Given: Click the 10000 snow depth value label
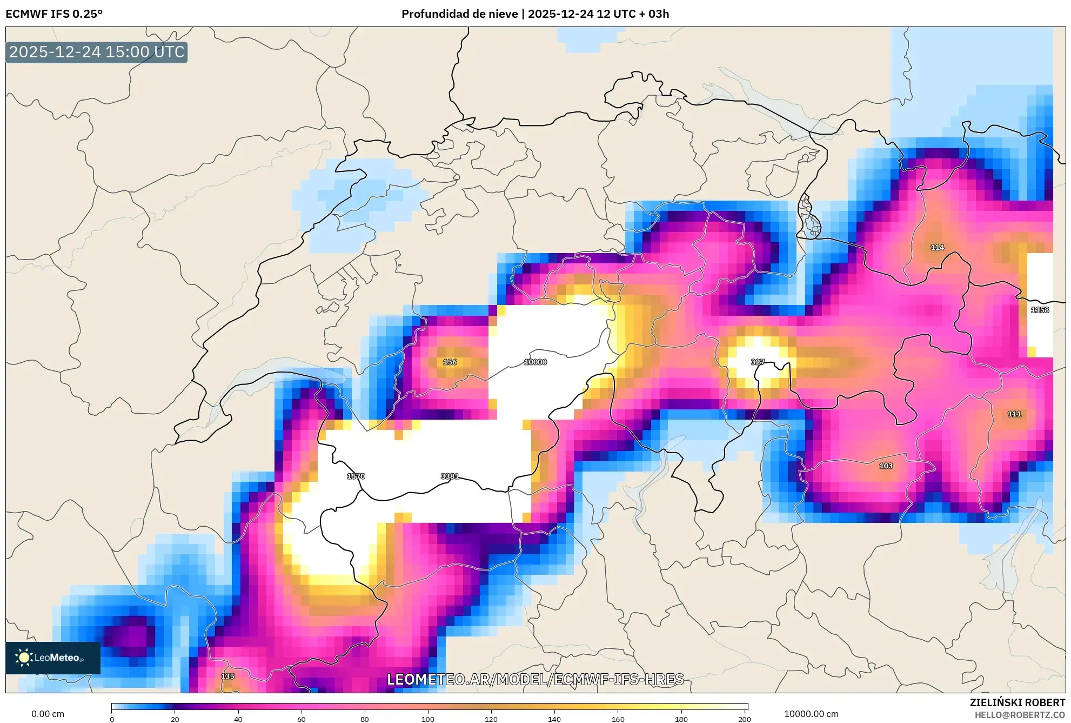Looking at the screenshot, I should click(x=535, y=362).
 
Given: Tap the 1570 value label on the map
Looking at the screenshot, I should click(x=356, y=476).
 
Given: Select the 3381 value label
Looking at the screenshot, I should click(x=450, y=476).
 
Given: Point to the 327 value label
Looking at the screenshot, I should click(x=758, y=362).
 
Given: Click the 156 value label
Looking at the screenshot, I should click(x=450, y=362).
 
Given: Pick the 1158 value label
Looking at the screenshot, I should click(x=1040, y=310).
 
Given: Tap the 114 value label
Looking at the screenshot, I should click(x=937, y=247).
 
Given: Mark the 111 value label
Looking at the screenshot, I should click(x=1014, y=414).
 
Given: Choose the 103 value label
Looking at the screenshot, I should click(x=886, y=466).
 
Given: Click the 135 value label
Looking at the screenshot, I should click(x=227, y=676).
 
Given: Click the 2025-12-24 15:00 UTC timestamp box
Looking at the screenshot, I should click(x=97, y=52).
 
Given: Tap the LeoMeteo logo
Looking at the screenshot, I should click(x=53, y=658).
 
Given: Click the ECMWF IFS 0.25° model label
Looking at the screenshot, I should click(x=54, y=14).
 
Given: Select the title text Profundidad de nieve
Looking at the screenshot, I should click(x=459, y=14).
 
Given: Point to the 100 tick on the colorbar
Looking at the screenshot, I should click(x=428, y=719).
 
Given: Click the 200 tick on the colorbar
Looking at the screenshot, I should click(x=744, y=719).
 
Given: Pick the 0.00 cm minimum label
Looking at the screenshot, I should click(x=48, y=714).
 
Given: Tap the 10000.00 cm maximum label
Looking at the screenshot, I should click(x=811, y=714).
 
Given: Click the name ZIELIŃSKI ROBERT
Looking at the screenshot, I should click(x=1017, y=702).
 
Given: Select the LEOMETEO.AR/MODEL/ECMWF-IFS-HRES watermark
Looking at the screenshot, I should click(x=535, y=679).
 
